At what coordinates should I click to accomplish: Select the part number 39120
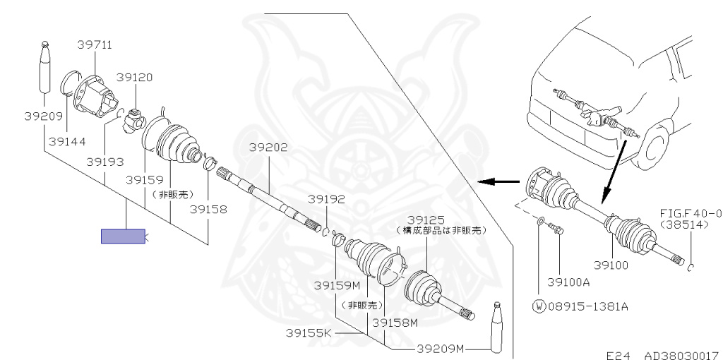(x=134, y=77)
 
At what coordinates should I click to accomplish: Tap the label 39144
(x=67, y=141)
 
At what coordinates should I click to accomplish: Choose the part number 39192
(x=326, y=199)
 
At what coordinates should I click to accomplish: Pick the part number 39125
(x=426, y=220)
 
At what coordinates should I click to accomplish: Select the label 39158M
(x=395, y=323)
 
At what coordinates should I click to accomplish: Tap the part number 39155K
(x=309, y=332)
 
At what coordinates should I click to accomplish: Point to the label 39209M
(x=440, y=348)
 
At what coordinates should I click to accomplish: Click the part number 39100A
(x=571, y=282)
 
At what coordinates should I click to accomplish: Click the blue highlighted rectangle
(x=123, y=236)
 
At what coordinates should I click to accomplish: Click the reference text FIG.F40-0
(x=691, y=212)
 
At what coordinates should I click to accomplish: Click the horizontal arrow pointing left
(x=496, y=181)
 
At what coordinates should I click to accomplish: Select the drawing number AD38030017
(x=681, y=354)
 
